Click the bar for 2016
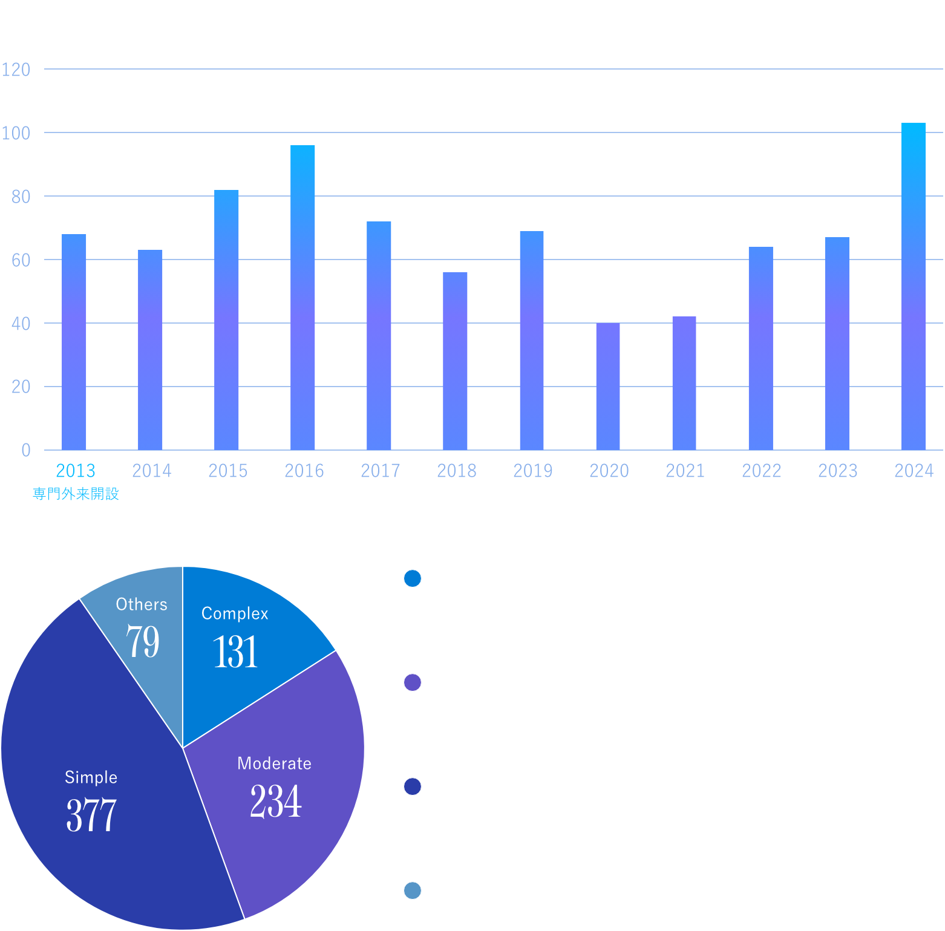point(302,298)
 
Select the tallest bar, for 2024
point(913,287)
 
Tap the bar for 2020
point(607,387)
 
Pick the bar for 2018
point(455,361)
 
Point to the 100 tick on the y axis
point(16,133)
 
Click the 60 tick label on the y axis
point(21,260)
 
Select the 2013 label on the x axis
point(76,471)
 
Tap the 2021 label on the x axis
point(685,471)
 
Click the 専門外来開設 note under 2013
point(76,494)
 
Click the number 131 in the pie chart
point(235,652)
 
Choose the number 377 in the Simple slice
point(91,815)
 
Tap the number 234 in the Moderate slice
point(276,802)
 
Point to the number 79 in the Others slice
point(143,641)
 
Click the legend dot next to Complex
point(413,578)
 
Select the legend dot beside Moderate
point(413,682)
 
